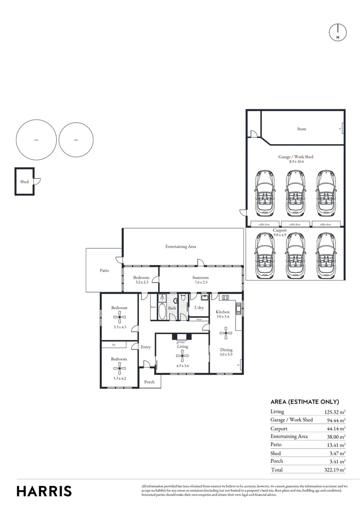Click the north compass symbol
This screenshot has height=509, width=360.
click(x=337, y=32)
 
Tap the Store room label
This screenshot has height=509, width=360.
click(x=302, y=129)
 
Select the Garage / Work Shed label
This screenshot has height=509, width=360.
click(x=295, y=156)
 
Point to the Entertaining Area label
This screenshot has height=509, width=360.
click(x=180, y=246)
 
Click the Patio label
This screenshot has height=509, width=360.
click(x=104, y=271)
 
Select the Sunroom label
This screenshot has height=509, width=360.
click(x=200, y=278)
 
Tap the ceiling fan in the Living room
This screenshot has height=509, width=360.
click(x=182, y=358)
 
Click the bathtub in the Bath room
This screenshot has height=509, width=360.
click(x=161, y=312)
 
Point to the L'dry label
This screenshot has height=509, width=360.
click(x=199, y=308)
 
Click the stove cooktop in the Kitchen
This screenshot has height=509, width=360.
click(x=225, y=297)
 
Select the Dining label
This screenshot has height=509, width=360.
click(x=226, y=350)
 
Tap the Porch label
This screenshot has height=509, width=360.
click(x=149, y=382)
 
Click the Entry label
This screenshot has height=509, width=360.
click(x=146, y=347)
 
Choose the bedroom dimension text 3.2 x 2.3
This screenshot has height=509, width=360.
click(x=141, y=282)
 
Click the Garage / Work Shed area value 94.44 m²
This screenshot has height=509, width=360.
click(x=335, y=420)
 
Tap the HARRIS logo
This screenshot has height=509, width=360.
click(x=44, y=491)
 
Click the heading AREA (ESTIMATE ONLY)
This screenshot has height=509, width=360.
click(x=304, y=402)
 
